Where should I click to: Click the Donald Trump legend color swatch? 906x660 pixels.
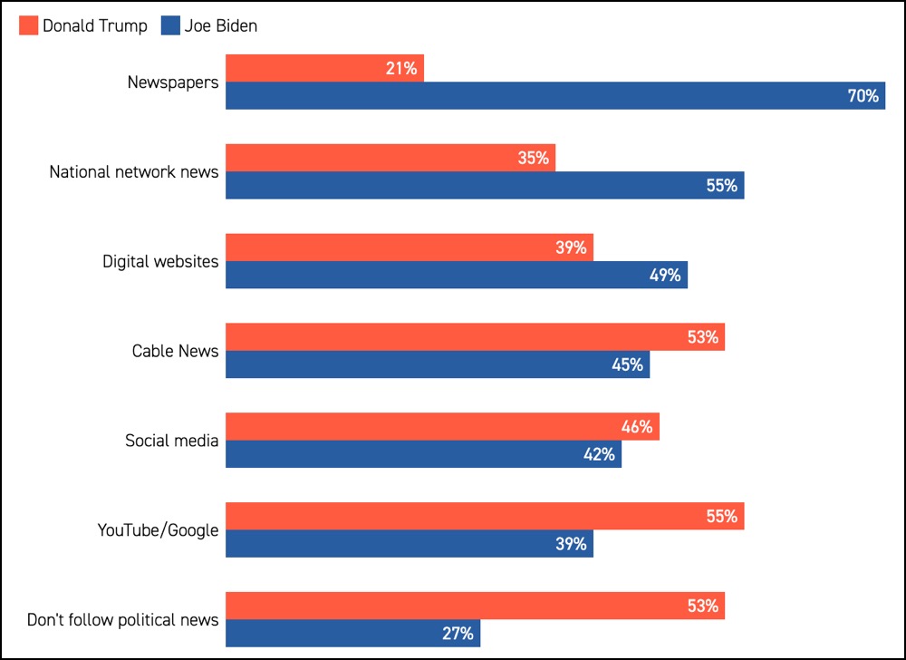(28, 26)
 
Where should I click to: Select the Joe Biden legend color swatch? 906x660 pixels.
(170, 26)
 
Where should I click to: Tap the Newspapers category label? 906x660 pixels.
(173, 82)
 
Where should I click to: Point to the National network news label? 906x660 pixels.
(134, 171)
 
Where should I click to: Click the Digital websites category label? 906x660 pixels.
(160, 262)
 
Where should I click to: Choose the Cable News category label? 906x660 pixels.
(176, 351)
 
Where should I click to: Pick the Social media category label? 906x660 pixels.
(172, 441)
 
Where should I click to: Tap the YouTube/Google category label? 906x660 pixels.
(159, 530)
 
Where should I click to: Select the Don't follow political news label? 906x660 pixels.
(123, 620)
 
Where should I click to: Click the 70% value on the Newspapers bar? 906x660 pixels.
(863, 96)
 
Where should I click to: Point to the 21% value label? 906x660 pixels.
(401, 69)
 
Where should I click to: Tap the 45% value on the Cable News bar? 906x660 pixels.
(626, 365)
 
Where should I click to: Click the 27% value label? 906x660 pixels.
(458, 634)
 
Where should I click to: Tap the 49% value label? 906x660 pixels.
(664, 276)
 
